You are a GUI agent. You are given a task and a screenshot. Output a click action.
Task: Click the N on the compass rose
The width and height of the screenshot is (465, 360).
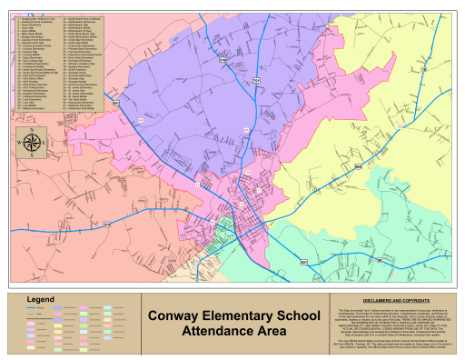(x=33, y=130)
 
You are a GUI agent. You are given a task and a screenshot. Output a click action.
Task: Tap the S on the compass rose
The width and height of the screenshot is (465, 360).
(x=33, y=155)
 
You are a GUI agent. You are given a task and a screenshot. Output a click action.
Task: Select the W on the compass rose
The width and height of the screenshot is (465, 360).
(x=20, y=143)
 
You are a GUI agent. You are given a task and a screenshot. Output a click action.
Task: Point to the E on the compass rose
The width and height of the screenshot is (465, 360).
(x=45, y=143)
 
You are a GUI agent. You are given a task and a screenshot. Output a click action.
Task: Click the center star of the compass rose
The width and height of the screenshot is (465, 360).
(x=33, y=143)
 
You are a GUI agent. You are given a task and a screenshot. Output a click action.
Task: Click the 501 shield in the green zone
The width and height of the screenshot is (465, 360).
(x=302, y=263)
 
